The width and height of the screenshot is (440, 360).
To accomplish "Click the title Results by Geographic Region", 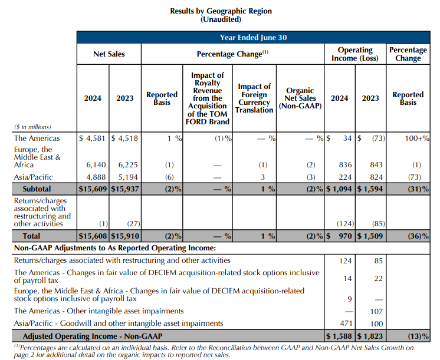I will point(221,11).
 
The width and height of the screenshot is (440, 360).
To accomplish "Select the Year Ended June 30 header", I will point(253,37).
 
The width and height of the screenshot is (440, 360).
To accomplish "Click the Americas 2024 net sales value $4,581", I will point(93,138).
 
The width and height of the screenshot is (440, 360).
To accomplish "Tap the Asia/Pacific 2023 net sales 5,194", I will point(124,177).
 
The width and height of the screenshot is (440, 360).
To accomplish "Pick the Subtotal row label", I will point(37,189).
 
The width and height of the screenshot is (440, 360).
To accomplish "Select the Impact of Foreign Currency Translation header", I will point(254,98).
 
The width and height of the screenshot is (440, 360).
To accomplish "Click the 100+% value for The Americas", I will point(416,138).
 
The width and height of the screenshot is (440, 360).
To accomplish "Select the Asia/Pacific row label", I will point(33,177).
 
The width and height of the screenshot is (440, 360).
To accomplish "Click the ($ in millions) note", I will point(32,127).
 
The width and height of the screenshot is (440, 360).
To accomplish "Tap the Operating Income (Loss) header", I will point(355,54).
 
